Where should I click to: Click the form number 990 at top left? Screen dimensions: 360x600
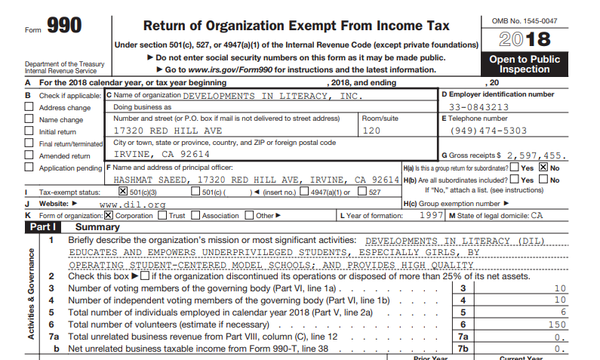point(64,26)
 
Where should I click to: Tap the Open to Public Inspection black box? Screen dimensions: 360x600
point(525,64)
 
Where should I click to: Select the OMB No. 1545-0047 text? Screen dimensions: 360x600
point(524,20)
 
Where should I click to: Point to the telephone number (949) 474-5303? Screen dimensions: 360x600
point(483,131)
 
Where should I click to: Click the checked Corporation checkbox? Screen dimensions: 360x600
point(109,215)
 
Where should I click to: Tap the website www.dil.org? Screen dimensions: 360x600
point(133,204)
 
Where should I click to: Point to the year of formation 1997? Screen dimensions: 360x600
point(432,215)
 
